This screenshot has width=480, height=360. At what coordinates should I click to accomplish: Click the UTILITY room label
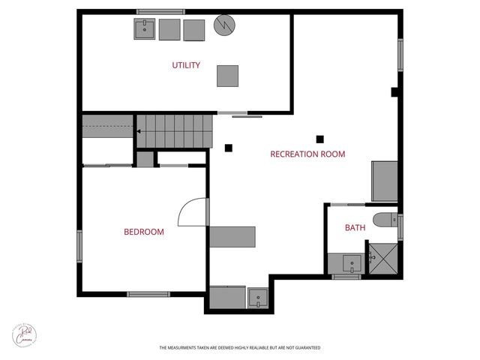tap(186, 65)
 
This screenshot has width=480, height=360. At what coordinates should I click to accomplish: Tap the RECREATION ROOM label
tap(307, 154)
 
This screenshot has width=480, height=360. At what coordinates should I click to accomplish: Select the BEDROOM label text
tap(143, 232)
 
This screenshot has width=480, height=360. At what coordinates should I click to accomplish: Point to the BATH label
tap(355, 228)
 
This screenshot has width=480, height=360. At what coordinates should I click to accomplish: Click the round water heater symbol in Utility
tap(223, 25)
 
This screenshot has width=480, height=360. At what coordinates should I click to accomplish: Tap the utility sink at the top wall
tap(145, 29)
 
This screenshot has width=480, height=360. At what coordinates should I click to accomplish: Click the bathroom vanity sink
tap(348, 263)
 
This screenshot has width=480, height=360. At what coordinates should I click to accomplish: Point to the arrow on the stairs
tap(139, 131)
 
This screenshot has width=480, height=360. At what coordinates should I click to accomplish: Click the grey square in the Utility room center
tap(228, 76)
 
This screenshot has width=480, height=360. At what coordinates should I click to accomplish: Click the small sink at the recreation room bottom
tap(256, 298)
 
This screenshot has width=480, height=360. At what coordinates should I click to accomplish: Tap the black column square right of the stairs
tap(229, 147)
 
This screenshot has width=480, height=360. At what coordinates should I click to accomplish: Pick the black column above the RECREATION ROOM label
tap(320, 138)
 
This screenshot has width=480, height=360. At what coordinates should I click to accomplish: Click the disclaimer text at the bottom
tap(240, 348)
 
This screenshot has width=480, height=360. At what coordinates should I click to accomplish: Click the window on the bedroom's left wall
tap(79, 247)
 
